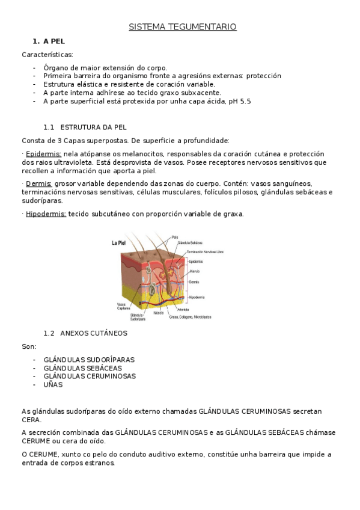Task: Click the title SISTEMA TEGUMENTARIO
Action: (183, 27)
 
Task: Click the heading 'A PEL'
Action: (53, 41)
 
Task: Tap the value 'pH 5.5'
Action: (239, 102)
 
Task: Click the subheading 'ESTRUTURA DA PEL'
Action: (93, 127)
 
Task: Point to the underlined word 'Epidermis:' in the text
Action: (43, 154)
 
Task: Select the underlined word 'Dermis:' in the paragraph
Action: (39, 183)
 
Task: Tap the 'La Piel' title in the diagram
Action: (118, 243)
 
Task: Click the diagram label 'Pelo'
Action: (175, 237)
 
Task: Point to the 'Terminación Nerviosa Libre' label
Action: (204, 251)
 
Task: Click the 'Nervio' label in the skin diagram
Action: (194, 272)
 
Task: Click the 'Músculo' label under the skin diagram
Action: (159, 313)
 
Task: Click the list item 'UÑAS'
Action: (53, 384)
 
